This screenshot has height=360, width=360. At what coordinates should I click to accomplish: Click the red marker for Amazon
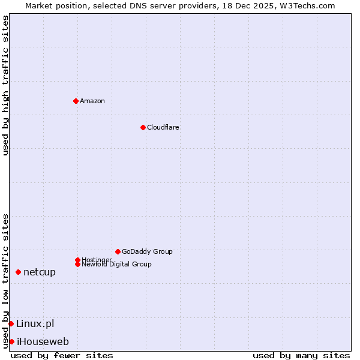(x=76, y=101)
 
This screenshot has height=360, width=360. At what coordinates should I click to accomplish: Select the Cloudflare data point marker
(x=143, y=127)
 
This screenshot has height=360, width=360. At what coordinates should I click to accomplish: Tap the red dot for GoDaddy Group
(x=118, y=251)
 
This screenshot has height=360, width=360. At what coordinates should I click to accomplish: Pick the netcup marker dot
(x=18, y=272)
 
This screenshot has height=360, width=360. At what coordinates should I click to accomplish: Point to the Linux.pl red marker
(x=11, y=324)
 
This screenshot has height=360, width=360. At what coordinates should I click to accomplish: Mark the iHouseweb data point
(x=11, y=342)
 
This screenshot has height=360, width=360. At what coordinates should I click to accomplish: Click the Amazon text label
(x=92, y=101)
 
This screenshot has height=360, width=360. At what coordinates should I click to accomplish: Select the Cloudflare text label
(x=163, y=127)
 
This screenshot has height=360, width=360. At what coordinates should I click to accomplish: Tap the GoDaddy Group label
(x=147, y=251)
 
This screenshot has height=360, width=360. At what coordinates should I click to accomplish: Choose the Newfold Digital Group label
(x=116, y=264)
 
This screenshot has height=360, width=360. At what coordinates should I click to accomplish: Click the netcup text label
(x=40, y=272)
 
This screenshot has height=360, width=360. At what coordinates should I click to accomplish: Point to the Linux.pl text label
(x=35, y=324)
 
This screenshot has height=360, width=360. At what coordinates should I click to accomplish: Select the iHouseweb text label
(x=43, y=342)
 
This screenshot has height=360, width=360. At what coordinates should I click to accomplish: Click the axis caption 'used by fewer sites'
(x=62, y=355)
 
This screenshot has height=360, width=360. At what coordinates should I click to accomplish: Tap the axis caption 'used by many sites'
(x=301, y=355)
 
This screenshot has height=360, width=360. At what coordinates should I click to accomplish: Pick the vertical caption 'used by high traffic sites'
(x=5, y=85)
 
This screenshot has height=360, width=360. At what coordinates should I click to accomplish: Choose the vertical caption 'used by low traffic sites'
(x=5, y=281)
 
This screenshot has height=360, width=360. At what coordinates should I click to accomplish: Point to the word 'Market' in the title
(x=38, y=5)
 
